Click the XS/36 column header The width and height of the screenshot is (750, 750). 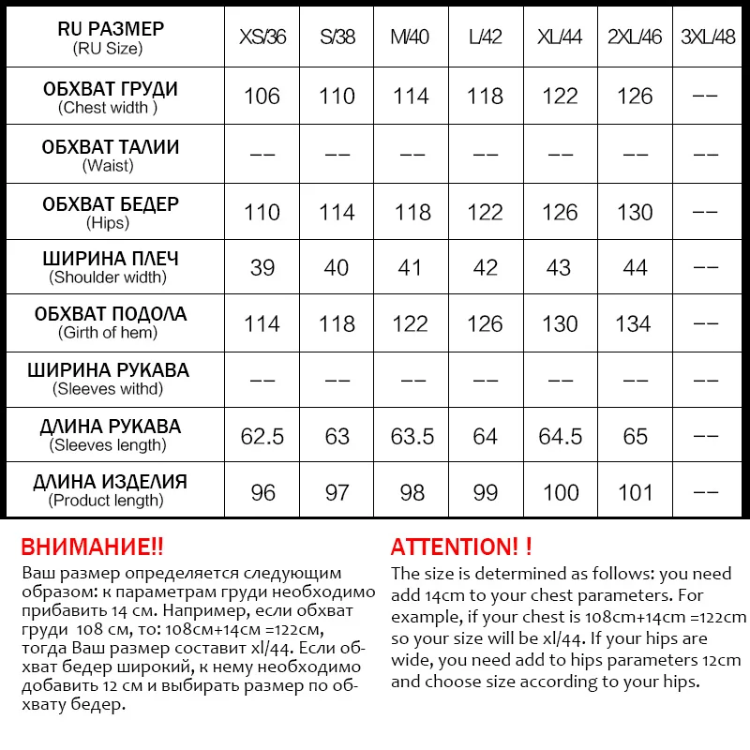(262, 38)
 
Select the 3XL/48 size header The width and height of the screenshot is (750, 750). (708, 38)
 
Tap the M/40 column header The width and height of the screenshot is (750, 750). (411, 38)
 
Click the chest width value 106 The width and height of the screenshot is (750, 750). (262, 97)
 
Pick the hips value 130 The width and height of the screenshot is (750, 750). (634, 213)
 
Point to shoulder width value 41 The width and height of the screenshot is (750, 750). (411, 268)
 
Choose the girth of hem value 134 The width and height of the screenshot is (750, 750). (634, 324)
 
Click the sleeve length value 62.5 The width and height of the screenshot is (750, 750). (262, 436)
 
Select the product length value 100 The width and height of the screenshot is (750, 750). (560, 492)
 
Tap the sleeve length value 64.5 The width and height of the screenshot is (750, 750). (560, 436)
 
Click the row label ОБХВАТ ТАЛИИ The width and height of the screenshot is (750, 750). (111, 147)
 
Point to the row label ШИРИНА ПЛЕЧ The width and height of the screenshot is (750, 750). (111, 259)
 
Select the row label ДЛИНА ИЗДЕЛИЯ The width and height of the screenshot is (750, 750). (111, 482)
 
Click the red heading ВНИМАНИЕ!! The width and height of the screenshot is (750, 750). (92, 547)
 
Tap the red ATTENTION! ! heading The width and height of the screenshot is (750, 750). (461, 547)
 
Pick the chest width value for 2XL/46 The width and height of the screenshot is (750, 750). (634, 97)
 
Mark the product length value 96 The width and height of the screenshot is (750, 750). (262, 492)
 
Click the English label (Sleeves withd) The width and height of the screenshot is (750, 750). (108, 388)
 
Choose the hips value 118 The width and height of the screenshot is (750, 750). (412, 213)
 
